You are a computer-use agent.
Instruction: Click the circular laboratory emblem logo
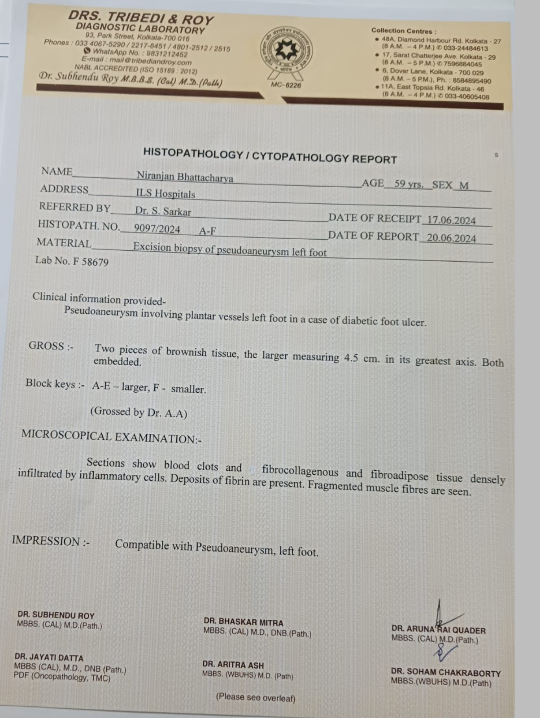[286, 50]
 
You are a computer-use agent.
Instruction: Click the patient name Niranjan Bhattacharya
[185, 176]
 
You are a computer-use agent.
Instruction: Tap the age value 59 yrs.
[409, 184]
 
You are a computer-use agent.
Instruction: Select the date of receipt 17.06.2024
[451, 220]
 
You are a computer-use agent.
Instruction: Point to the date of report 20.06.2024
[451, 238]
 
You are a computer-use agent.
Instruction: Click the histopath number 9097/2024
[157, 228]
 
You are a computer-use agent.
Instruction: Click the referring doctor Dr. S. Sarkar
[163, 211]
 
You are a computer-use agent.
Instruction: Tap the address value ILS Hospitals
[165, 194]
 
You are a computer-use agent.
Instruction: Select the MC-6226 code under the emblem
[286, 85]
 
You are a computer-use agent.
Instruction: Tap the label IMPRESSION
[46, 541]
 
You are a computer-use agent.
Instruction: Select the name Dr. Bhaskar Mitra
[244, 622]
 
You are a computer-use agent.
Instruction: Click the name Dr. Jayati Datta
[49, 657]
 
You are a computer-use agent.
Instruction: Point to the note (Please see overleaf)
[256, 697]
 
